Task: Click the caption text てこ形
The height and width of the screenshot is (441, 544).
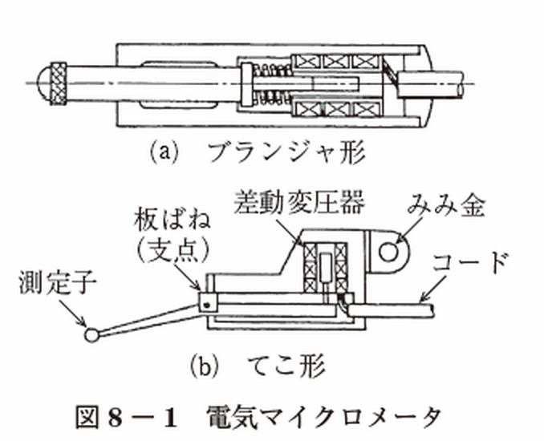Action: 285,367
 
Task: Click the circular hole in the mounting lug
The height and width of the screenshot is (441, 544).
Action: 392,252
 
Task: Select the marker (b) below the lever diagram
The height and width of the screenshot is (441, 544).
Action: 208,367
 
